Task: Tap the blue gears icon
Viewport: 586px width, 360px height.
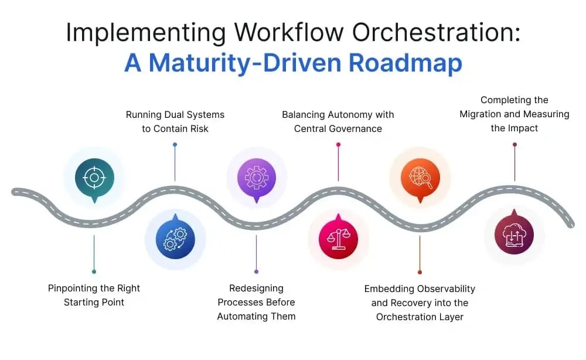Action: click(175, 239)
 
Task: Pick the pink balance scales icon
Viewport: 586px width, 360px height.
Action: click(338, 239)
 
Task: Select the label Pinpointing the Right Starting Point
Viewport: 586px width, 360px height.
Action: click(94, 295)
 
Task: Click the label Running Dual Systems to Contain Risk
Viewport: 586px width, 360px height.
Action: click(175, 121)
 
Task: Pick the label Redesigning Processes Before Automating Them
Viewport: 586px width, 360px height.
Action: click(256, 302)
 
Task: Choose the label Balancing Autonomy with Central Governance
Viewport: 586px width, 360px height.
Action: click(338, 121)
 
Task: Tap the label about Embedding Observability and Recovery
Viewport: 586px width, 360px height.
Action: click(420, 303)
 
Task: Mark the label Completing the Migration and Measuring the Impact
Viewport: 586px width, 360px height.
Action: click(514, 114)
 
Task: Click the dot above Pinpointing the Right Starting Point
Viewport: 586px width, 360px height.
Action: click(94, 271)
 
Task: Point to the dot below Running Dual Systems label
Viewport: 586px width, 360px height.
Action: click(175, 144)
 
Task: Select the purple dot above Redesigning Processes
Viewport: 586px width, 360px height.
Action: click(256, 271)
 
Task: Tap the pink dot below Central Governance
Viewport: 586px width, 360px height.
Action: click(338, 144)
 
